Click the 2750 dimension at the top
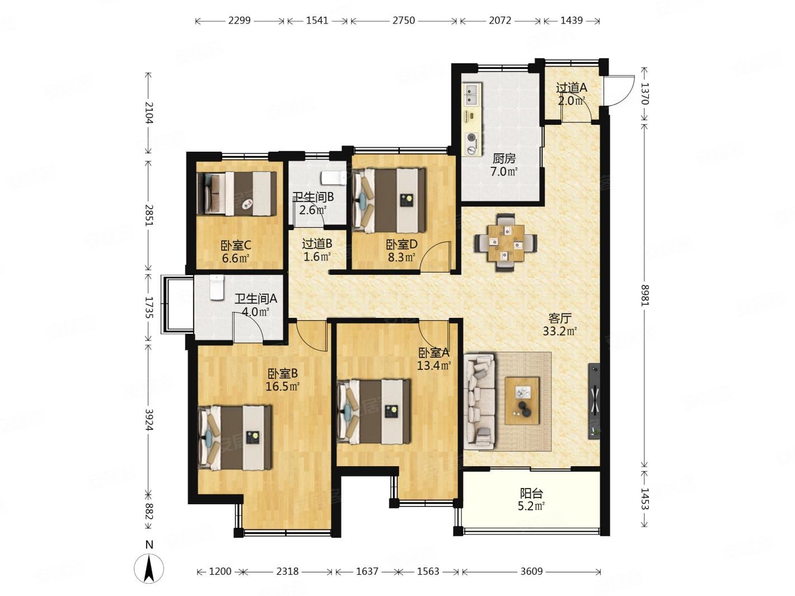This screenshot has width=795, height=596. pos(403,20)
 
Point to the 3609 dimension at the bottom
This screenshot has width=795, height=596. pos(531,571)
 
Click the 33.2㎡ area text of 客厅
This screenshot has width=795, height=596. pos(559,331)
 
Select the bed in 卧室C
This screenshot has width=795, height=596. pos(236,194)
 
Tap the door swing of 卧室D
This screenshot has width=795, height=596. pos(434,256)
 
